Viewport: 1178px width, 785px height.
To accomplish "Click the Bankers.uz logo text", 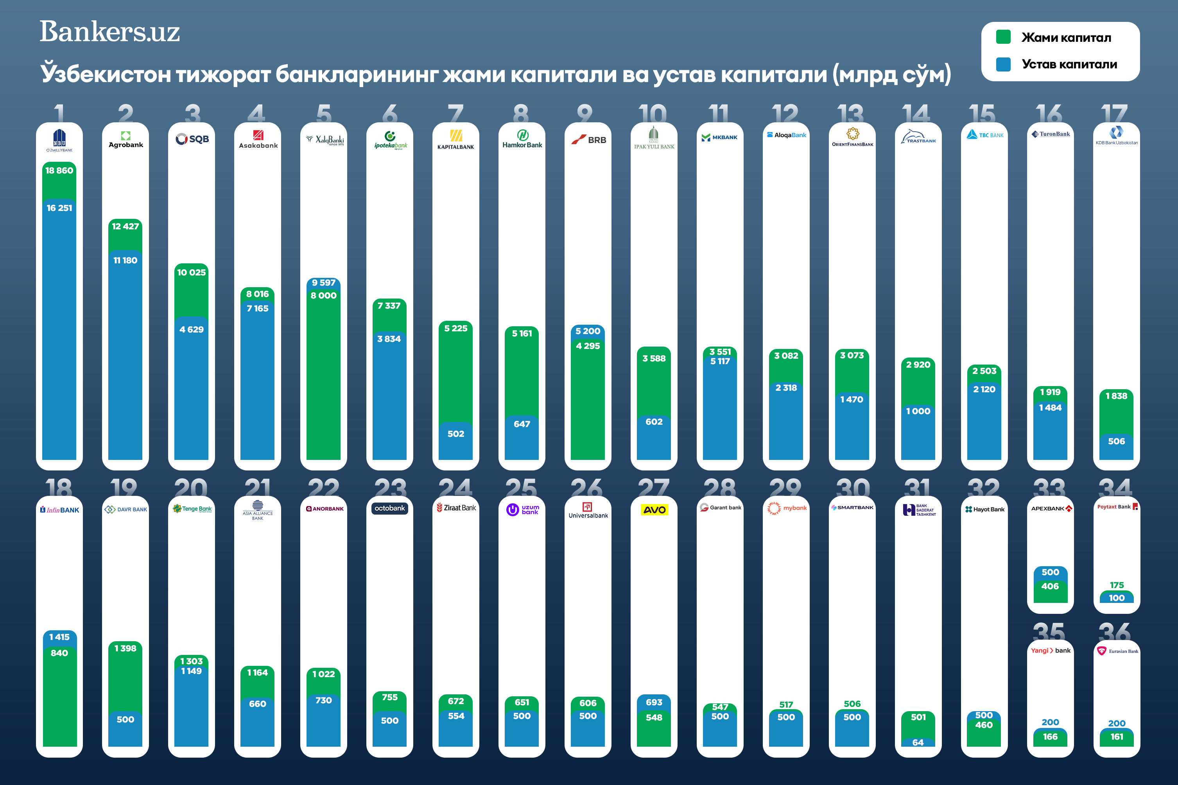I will click(x=110, y=32).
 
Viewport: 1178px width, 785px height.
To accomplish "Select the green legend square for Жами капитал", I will click(x=1003, y=37).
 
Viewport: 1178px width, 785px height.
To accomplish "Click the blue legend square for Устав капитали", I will click(x=1003, y=64).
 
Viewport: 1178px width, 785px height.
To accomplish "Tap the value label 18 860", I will click(x=59, y=170).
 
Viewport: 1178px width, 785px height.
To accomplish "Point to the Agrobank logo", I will click(x=126, y=139).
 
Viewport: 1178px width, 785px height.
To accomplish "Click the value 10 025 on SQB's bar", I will click(x=191, y=272).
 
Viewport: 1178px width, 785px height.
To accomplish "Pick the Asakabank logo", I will click(x=258, y=139).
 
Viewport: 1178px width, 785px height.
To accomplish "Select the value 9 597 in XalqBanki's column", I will click(x=324, y=283).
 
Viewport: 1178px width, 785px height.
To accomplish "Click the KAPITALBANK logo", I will click(x=456, y=140).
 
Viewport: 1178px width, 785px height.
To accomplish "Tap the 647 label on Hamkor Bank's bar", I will click(x=522, y=424).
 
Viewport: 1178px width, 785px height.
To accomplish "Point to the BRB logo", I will click(x=588, y=139).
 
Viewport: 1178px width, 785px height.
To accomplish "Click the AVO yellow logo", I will click(x=654, y=510).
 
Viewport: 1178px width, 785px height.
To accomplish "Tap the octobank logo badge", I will click(x=390, y=508).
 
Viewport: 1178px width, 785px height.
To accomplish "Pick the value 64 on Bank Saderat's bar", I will click(x=918, y=742).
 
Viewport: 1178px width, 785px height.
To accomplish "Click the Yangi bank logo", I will click(x=1050, y=650).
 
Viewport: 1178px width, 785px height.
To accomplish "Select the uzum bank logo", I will click(x=522, y=510).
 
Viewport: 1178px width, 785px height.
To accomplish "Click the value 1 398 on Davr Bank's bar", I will click(x=125, y=648).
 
